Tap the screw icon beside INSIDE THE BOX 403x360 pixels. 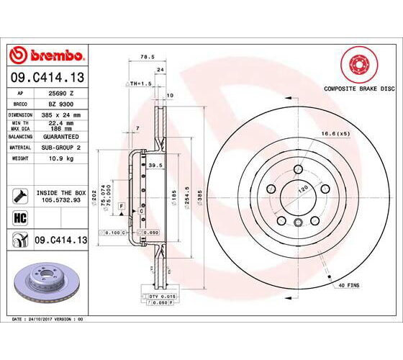tap(19, 194)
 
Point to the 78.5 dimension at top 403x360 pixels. tap(146, 58)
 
